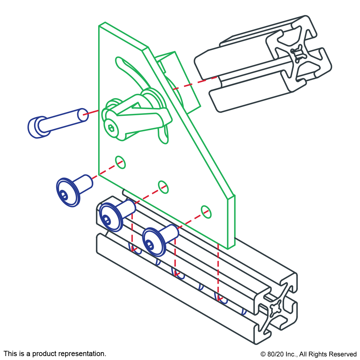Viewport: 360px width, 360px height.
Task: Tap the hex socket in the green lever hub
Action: pyautogui.click(x=111, y=128)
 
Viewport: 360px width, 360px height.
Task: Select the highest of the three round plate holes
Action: pyautogui.click(x=120, y=162)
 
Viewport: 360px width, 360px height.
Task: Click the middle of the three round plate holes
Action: pyautogui.click(x=163, y=187)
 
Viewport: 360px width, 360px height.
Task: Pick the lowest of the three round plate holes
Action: pyautogui.click(x=206, y=212)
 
